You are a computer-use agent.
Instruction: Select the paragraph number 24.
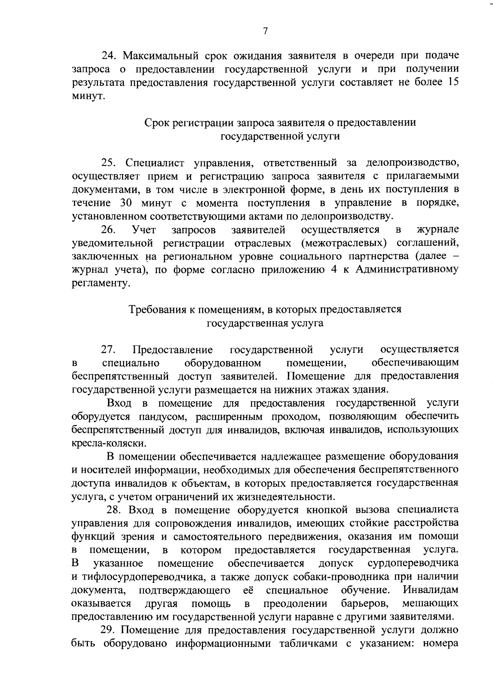pyautogui.click(x=109, y=55)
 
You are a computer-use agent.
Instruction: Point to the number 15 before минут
pyautogui.click(x=452, y=82)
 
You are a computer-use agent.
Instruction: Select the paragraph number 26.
pyautogui.click(x=109, y=229)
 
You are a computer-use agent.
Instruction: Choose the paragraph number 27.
pyautogui.click(x=109, y=350)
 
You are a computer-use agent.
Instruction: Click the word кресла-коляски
pyautogui.click(x=108, y=444)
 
